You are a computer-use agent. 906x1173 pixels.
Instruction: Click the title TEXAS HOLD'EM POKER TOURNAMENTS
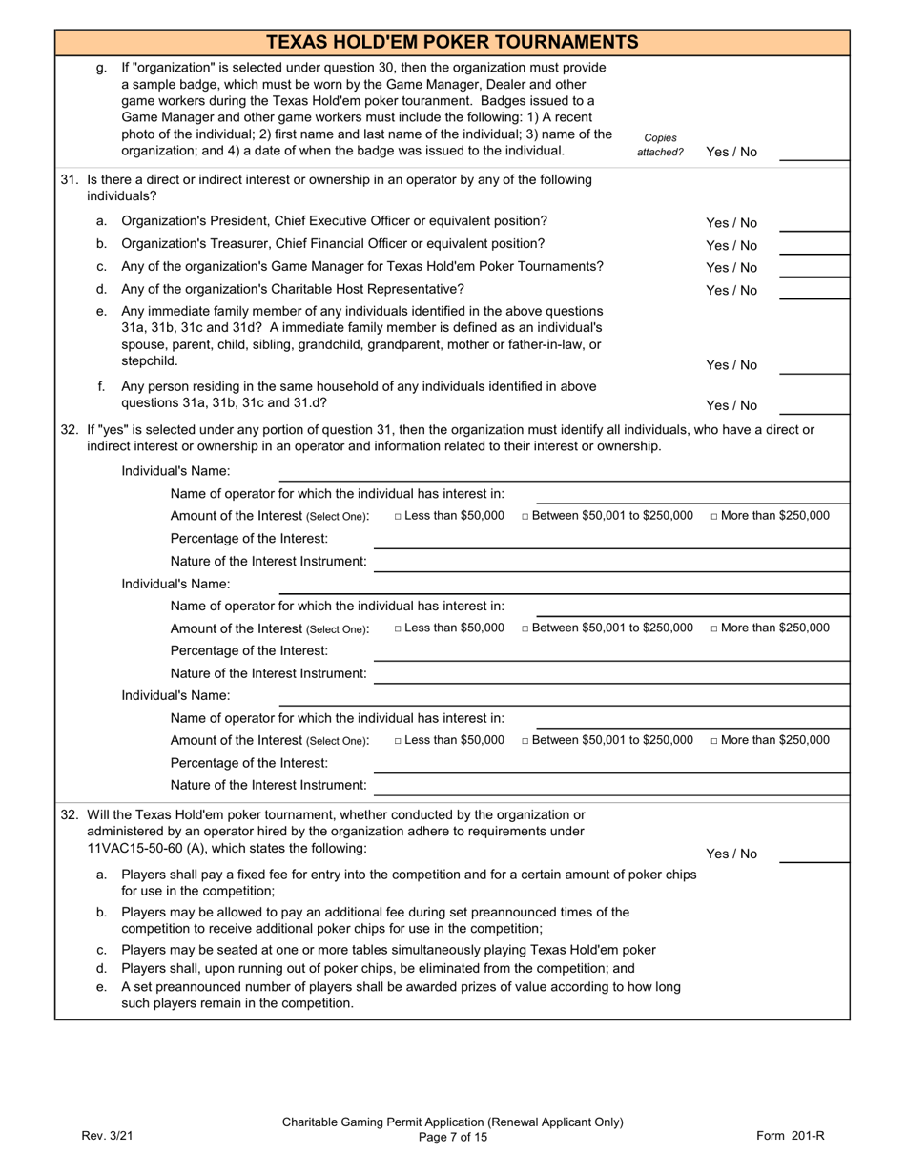pyautogui.click(x=452, y=42)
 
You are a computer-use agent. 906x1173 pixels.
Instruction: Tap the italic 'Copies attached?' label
pyautogui.click(x=660, y=145)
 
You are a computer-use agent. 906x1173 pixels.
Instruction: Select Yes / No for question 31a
pyautogui.click(x=731, y=223)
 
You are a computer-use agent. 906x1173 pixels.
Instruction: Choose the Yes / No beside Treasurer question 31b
pyautogui.click(x=731, y=245)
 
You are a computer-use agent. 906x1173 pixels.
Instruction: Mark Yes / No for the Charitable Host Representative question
pyautogui.click(x=731, y=291)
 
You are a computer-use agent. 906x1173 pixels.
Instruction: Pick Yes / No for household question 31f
pyautogui.click(x=731, y=405)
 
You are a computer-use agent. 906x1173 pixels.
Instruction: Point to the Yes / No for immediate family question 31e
pyautogui.click(x=731, y=365)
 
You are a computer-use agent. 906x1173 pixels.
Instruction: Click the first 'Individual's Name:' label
pyautogui.click(x=175, y=471)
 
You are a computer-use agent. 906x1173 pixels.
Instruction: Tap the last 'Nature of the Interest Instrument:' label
pyautogui.click(x=268, y=785)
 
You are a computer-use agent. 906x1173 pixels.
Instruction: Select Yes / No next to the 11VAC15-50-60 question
pyautogui.click(x=731, y=854)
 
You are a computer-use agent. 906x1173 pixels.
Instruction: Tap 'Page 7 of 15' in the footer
pyautogui.click(x=452, y=1137)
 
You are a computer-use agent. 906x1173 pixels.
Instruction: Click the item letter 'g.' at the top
pyautogui.click(x=102, y=69)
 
